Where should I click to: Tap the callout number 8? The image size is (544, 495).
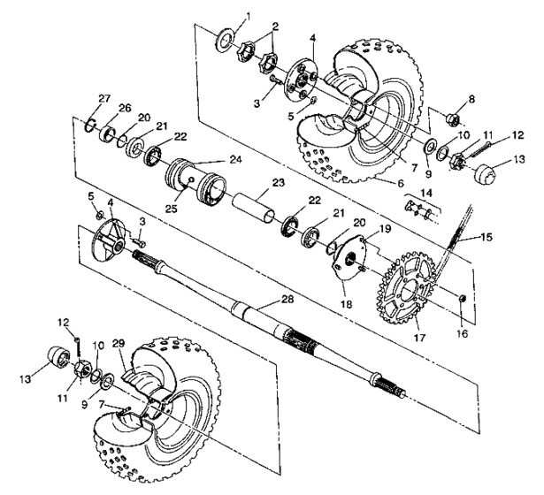[471, 100]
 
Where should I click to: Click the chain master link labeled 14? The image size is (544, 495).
[419, 211]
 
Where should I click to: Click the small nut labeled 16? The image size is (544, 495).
[464, 306]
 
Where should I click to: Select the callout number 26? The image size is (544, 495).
[124, 109]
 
